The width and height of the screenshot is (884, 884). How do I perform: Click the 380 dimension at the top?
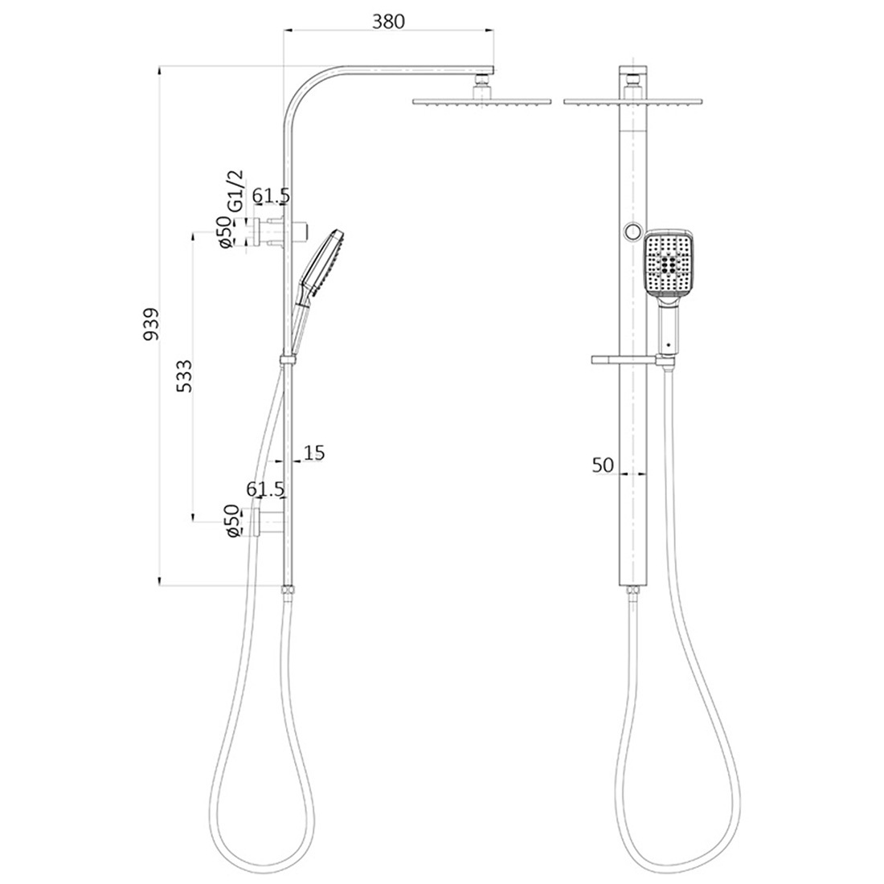pos(388,21)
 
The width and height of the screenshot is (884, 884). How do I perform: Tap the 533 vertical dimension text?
pos(184,375)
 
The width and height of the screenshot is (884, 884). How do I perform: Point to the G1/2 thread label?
pos(235,190)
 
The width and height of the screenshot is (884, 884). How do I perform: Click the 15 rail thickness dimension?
pos(314,453)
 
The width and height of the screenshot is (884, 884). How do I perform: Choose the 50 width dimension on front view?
pos(603,465)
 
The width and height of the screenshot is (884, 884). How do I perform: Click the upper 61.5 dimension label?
pos(271,196)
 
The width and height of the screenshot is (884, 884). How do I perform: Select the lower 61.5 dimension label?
pos(265,489)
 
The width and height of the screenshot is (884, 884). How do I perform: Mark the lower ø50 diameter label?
pos(231,522)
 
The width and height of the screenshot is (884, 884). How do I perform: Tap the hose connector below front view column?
pos(632,593)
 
